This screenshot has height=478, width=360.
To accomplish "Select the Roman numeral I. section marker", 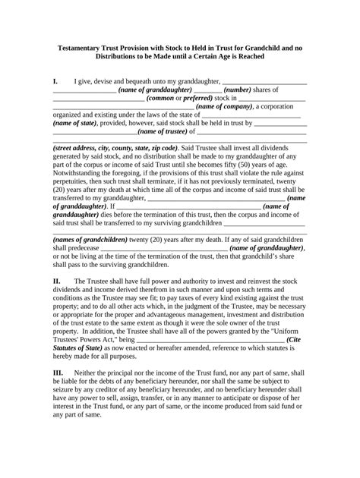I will [x=55, y=80].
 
